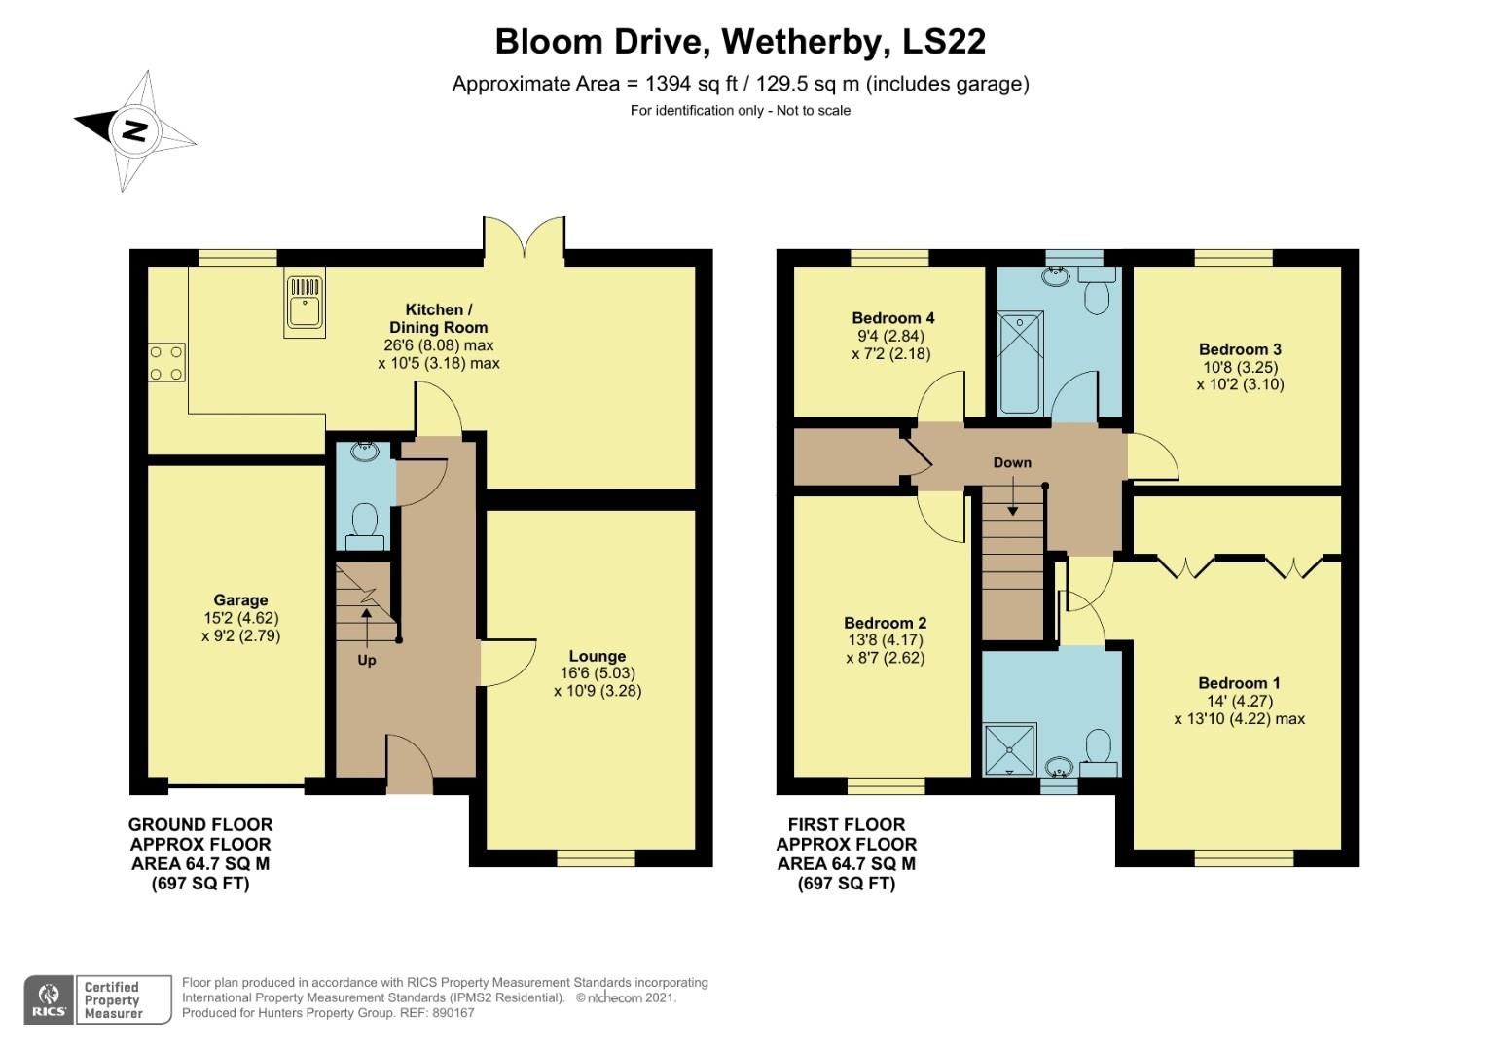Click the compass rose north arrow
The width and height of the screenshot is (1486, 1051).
[134, 130]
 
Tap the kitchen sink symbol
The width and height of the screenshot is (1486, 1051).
[305, 304]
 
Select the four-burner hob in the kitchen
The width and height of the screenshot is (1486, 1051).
[165, 362]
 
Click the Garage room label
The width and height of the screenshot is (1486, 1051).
[240, 600]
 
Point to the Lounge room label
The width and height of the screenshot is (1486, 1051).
[597, 656]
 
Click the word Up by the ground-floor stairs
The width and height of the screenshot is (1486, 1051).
[366, 660]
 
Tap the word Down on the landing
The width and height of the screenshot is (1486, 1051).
[1011, 462]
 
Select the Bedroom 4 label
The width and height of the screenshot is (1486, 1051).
[892, 318]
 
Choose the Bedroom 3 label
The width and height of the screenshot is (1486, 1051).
[1239, 349]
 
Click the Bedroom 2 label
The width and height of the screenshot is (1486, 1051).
[885, 623]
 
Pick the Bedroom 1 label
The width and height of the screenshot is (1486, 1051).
[1239, 683]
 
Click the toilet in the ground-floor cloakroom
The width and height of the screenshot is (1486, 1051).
[365, 520]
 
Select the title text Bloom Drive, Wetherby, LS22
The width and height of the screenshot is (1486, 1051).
[740, 42]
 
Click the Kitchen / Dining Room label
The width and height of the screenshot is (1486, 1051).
[438, 318]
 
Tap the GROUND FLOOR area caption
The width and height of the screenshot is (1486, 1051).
[200, 824]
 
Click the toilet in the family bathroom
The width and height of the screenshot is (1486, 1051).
[1097, 291]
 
